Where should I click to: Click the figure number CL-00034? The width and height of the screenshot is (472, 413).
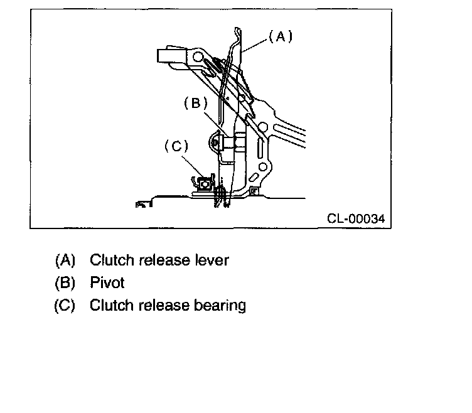coord(355,219)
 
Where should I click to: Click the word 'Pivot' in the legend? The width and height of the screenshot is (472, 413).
coord(108,282)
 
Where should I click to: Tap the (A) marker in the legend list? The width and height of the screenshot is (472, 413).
coord(65,260)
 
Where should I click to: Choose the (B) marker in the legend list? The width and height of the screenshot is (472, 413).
coord(65,282)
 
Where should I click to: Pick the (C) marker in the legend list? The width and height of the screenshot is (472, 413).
coord(65,306)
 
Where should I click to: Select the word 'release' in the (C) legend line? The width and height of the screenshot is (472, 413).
coord(164,306)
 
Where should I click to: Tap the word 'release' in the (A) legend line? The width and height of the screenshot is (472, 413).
coord(164,260)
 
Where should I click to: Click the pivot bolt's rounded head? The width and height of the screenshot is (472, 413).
coord(217,143)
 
